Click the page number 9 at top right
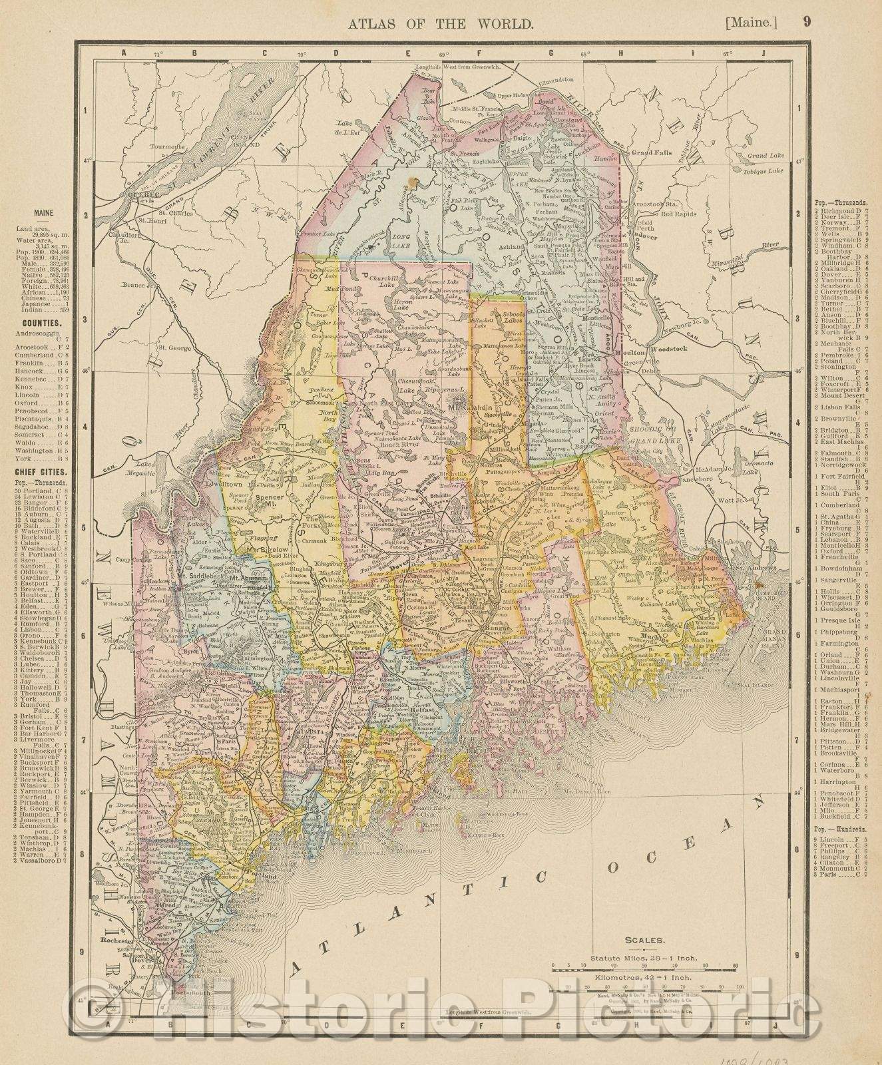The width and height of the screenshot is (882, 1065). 806,23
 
